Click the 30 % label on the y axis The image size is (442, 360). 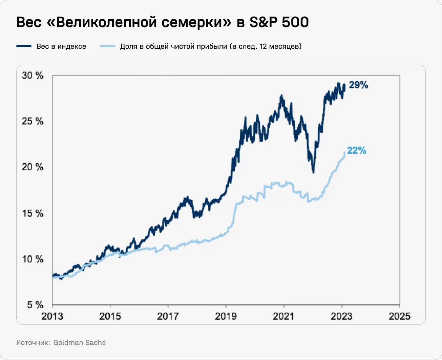pyautogui.click(x=33, y=75)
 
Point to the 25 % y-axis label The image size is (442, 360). pyautogui.click(x=33, y=121)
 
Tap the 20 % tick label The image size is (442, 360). pyautogui.click(x=33, y=167)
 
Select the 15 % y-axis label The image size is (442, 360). pyautogui.click(x=33, y=213)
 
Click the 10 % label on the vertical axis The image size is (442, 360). pyautogui.click(x=33, y=259)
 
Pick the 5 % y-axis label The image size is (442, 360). pyautogui.click(x=35, y=305)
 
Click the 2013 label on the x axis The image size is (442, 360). pyautogui.click(x=52, y=316)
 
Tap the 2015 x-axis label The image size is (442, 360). pyautogui.click(x=110, y=316)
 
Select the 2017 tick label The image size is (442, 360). pyautogui.click(x=168, y=316)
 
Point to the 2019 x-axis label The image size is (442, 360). pyautogui.click(x=226, y=316)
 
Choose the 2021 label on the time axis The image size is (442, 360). pyautogui.click(x=284, y=316)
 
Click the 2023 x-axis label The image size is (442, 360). pyautogui.click(x=342, y=316)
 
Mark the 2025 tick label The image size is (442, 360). pyautogui.click(x=400, y=316)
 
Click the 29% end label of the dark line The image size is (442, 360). pyautogui.click(x=358, y=85)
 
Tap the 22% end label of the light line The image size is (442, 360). pyautogui.click(x=357, y=151)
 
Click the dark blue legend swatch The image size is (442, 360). pyautogui.click(x=24, y=46)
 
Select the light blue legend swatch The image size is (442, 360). pyautogui.click(x=107, y=46)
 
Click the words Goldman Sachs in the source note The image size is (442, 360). pyautogui.click(x=80, y=342)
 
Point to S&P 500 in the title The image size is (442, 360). pyautogui.click(x=279, y=23)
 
